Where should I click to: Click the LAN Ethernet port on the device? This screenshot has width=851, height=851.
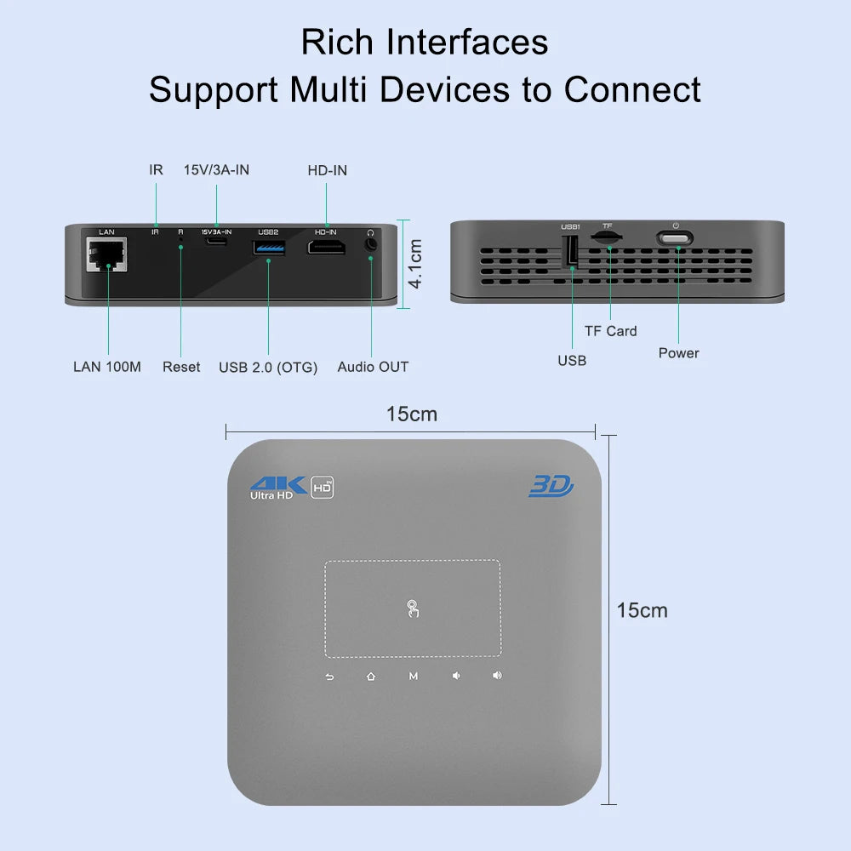point(106,254)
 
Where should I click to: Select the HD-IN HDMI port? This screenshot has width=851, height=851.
point(326,247)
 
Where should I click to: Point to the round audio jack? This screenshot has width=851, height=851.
point(370,244)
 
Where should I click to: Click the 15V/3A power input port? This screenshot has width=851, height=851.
point(216,242)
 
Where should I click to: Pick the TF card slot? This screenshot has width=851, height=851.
point(606,241)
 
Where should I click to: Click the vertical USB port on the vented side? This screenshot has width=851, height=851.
point(572,250)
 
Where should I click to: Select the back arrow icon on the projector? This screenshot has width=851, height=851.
point(329,677)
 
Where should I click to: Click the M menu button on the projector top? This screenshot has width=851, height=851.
point(413,677)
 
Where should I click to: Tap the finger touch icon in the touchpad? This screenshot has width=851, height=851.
point(413,608)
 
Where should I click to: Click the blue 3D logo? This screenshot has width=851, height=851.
point(551,486)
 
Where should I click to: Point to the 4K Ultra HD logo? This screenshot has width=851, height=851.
point(272,487)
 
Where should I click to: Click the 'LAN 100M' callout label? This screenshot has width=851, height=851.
point(107,367)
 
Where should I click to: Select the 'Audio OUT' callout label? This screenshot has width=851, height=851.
point(373,367)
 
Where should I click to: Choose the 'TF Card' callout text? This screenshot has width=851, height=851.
point(610,331)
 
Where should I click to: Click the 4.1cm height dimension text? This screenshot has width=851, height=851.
point(416,264)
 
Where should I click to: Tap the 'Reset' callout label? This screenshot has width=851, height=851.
point(181,367)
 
